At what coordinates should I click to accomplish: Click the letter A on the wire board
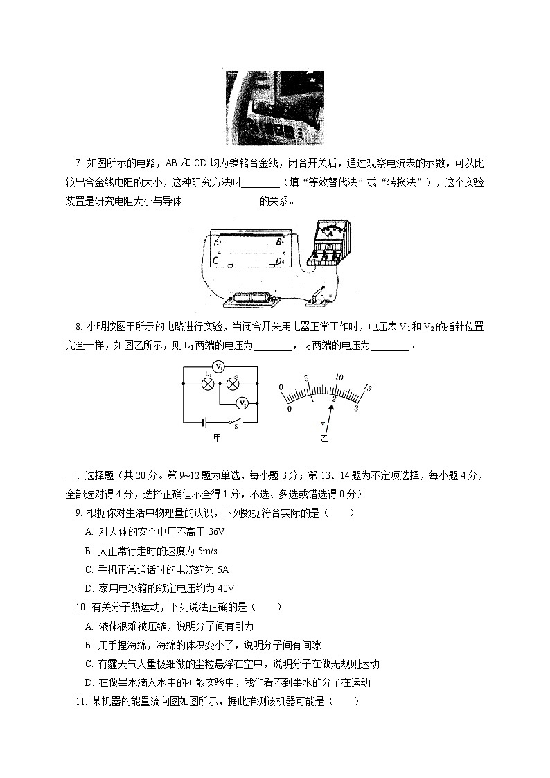tap(217, 242)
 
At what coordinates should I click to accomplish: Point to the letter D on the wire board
tap(278, 261)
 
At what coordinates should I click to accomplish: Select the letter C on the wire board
tap(216, 261)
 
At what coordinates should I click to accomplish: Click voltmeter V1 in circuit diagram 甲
tap(218, 366)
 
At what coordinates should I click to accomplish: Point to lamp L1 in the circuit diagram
tap(206, 383)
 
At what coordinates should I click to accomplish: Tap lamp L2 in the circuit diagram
tap(233, 383)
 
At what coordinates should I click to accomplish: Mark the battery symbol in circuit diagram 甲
tap(204, 421)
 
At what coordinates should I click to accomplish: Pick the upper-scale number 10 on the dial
tap(339, 378)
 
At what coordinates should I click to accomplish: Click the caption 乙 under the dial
tap(323, 439)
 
